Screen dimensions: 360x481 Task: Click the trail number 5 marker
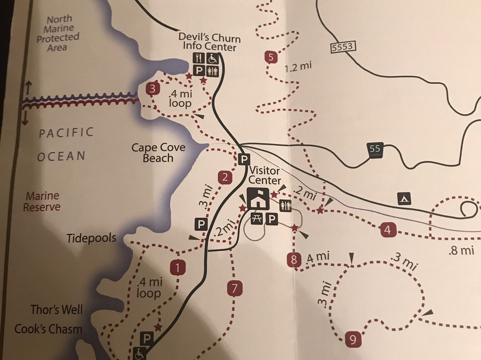click(x=271, y=57)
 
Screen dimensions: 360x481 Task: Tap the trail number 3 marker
click(x=153, y=89)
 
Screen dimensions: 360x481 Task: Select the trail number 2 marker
click(x=225, y=177)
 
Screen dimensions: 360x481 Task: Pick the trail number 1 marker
click(x=178, y=268)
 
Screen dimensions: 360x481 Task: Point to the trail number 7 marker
click(x=234, y=289)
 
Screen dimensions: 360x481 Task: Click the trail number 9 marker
click(x=353, y=340)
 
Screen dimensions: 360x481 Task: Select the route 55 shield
click(x=375, y=150)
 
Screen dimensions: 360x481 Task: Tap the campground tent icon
click(x=404, y=198)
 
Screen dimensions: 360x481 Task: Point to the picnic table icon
click(x=256, y=219)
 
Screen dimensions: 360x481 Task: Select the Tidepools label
click(x=92, y=238)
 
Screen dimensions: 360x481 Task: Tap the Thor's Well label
click(x=57, y=309)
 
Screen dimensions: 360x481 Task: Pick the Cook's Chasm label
click(x=49, y=329)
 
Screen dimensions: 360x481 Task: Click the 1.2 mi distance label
click(x=298, y=67)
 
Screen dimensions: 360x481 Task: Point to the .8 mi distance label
click(x=461, y=250)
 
